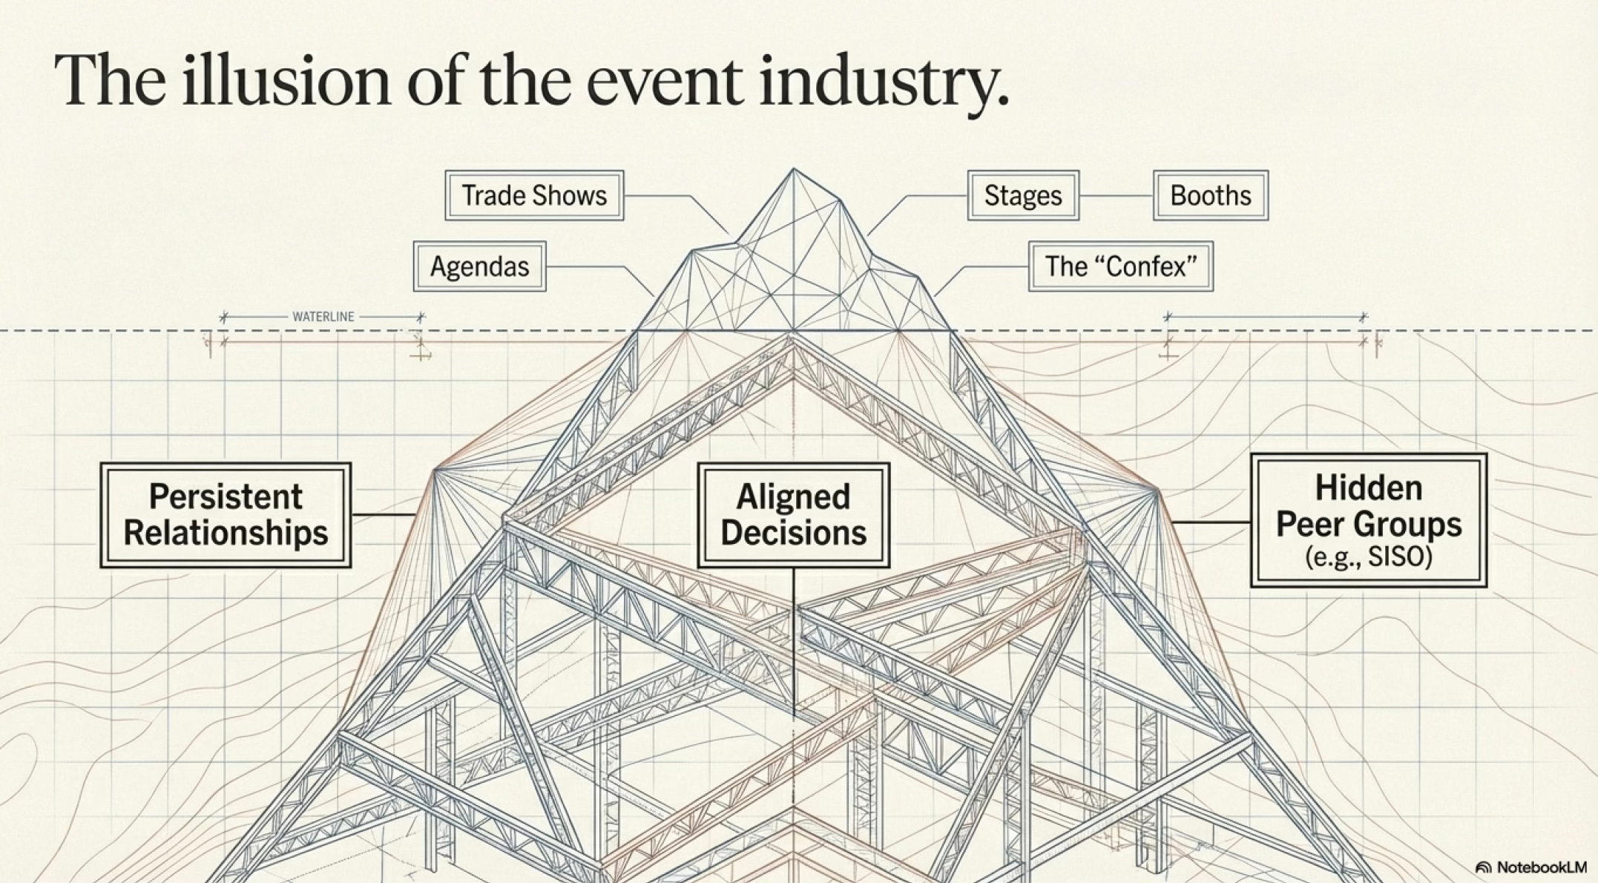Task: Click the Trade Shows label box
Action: (534, 196)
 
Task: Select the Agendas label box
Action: (479, 266)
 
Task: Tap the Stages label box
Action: (1023, 196)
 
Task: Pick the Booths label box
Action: (1210, 196)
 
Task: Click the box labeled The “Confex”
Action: (1120, 266)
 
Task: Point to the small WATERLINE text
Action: (323, 317)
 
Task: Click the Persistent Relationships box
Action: (226, 515)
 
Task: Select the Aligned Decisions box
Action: (793, 515)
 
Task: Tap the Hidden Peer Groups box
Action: (1369, 520)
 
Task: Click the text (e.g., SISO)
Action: (1369, 557)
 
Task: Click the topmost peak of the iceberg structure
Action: (793, 170)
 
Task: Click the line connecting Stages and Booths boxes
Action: (1116, 196)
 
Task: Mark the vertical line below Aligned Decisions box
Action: (794, 638)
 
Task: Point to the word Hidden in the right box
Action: (1369, 488)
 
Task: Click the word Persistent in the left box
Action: (226, 497)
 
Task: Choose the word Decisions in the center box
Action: (793, 533)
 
